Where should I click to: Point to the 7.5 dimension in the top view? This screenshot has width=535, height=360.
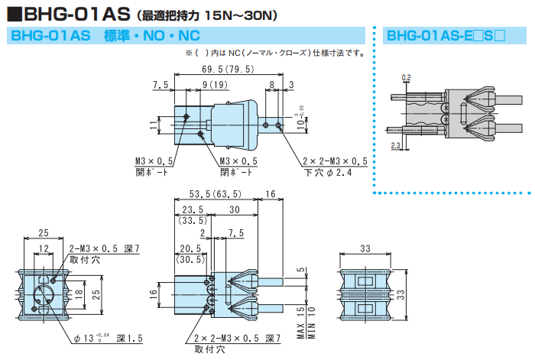pos(160,84)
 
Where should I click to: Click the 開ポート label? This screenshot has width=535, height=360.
pos(151,172)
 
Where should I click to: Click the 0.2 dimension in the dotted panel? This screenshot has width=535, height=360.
pos(406,77)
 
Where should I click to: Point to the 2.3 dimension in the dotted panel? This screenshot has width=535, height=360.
pos(395,144)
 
